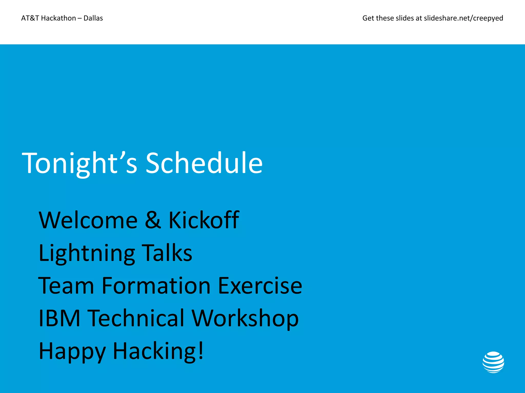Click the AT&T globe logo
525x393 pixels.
click(493, 362)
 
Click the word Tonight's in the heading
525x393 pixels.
click(79, 163)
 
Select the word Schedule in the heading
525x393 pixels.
click(204, 163)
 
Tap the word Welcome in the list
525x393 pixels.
click(88, 220)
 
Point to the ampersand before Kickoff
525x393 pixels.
click(153, 220)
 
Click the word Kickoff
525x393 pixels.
click(204, 220)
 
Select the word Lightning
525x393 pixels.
click(87, 253)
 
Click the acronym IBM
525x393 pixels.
click(59, 318)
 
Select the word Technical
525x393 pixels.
click(137, 318)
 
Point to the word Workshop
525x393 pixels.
click(245, 319)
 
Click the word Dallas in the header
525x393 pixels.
click(93, 18)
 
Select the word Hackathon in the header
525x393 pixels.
click(58, 18)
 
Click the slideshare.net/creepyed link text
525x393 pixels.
click(463, 18)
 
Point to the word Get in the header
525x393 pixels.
click(368, 18)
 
